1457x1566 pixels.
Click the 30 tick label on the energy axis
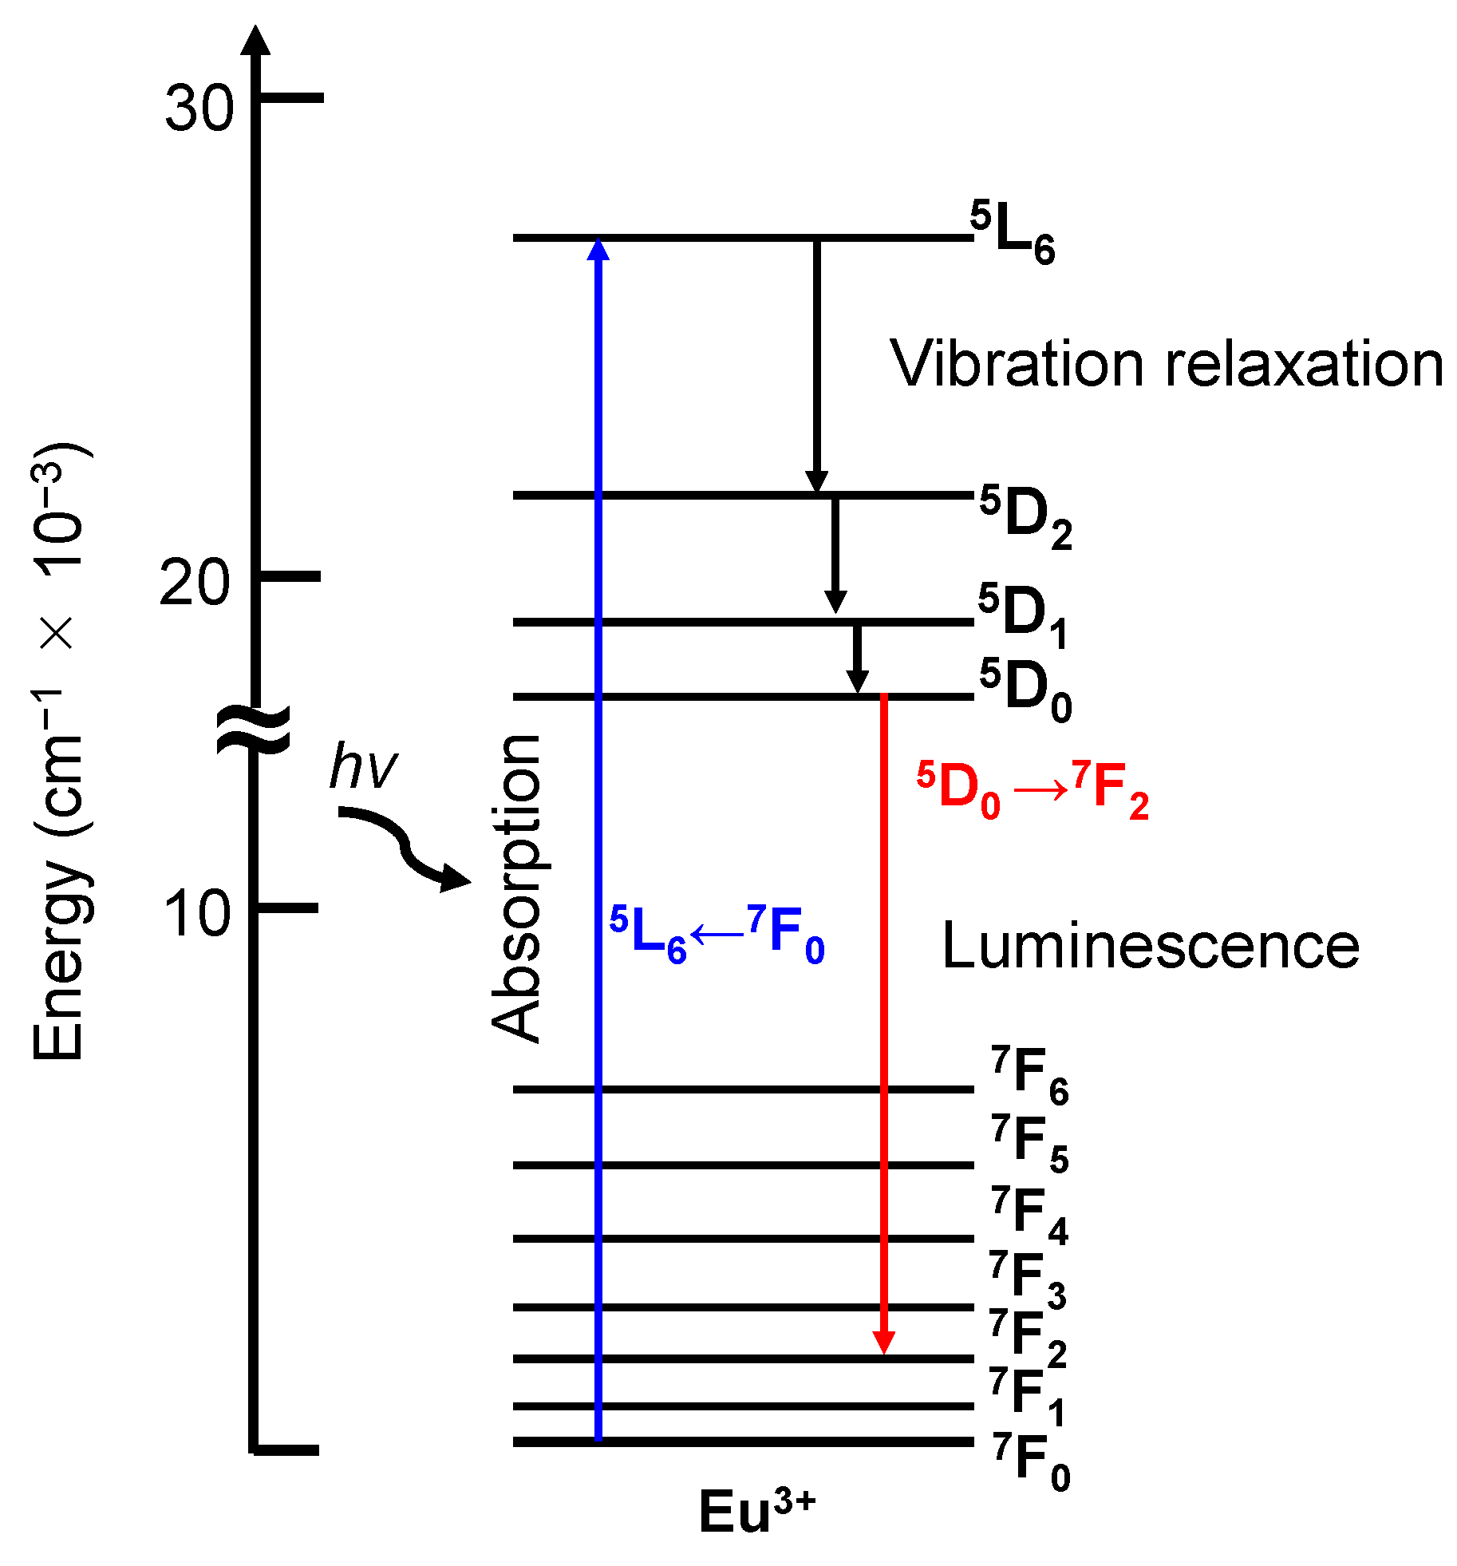[x=199, y=108]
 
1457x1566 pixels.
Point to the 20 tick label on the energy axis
[x=195, y=583]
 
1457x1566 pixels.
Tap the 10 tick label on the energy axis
[x=197, y=914]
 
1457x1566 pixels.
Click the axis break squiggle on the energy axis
[x=255, y=730]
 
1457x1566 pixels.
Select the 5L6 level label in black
[x=1013, y=232]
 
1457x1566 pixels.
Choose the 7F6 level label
[x=1029, y=1075]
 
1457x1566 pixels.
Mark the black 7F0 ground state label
[x=1031, y=1461]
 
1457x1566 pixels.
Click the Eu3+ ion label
[x=756, y=1511]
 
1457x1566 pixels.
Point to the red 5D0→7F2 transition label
[x=1033, y=790]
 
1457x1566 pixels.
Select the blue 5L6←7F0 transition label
[x=717, y=934]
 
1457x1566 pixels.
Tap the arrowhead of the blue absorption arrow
[x=598, y=249]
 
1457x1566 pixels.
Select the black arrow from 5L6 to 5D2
[x=815, y=363]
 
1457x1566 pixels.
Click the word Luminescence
[x=1151, y=947]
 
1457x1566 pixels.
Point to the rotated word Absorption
[x=517, y=888]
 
